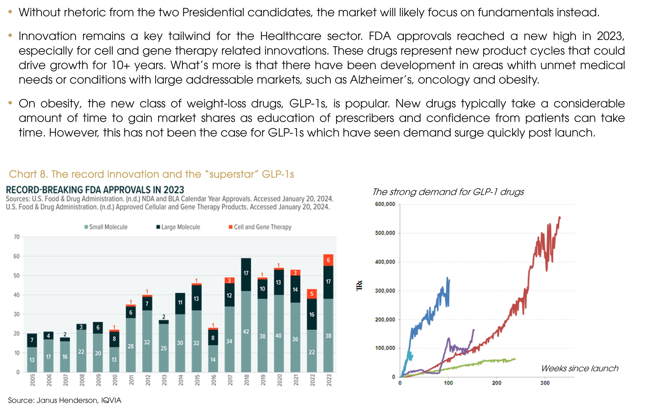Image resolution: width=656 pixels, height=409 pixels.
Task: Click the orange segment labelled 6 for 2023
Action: (328, 260)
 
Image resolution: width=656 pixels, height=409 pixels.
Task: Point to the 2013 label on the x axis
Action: (164, 380)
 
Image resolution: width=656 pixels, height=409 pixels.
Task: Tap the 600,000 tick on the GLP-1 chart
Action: (385, 204)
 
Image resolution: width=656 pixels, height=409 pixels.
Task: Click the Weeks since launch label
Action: (580, 368)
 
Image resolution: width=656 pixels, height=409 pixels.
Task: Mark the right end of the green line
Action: (515, 359)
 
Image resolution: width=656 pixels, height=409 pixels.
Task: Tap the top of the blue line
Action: (447, 278)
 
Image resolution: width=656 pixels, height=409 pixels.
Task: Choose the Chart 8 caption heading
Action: (152, 174)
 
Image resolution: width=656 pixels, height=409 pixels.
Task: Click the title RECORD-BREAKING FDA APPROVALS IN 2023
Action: (95, 190)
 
